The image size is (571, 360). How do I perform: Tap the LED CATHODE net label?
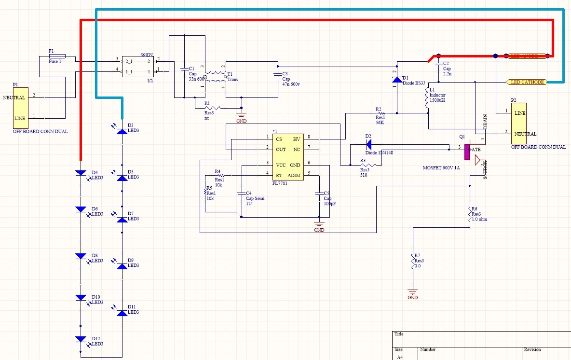(x=527, y=82)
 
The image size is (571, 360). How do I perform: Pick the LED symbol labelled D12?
(x=81, y=339)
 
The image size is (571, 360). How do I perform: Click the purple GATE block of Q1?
(x=467, y=152)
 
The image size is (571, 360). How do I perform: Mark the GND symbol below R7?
(x=412, y=292)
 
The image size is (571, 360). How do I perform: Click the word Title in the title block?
(x=399, y=334)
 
